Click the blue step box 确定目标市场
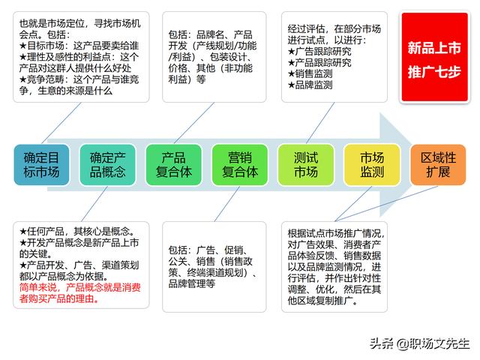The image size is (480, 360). click(x=42, y=165)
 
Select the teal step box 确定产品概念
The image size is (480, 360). click(x=107, y=165)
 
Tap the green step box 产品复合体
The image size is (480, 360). click(x=173, y=165)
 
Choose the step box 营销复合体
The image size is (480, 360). click(x=240, y=165)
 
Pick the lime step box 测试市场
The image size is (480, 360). click(x=306, y=165)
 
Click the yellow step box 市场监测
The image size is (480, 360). click(x=372, y=165)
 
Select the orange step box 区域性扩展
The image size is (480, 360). click(x=438, y=165)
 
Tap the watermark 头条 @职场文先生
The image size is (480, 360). click(x=419, y=343)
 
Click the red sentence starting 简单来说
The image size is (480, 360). click(x=80, y=293)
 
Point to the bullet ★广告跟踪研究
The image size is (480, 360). click(x=319, y=51)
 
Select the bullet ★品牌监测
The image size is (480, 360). click(x=310, y=85)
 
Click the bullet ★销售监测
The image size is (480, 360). click(x=310, y=73)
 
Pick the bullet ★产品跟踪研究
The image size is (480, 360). click(x=319, y=62)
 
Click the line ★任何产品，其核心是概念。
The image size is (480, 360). click(x=77, y=232)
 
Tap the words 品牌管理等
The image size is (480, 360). click(x=192, y=283)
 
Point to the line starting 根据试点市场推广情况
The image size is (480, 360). click(x=336, y=233)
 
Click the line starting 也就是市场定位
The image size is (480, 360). click(x=80, y=23)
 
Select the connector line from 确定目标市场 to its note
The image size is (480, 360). click(x=61, y=123)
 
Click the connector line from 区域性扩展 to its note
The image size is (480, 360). click(x=387, y=203)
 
